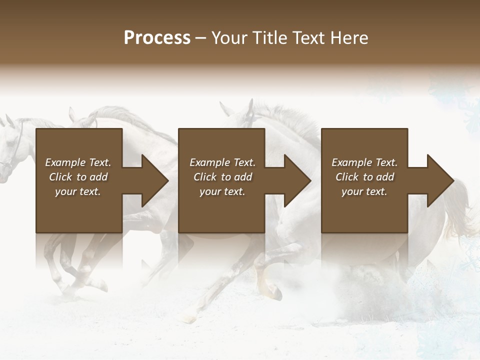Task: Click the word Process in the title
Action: click(157, 38)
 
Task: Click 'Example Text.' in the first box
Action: click(78, 162)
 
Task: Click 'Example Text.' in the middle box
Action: click(222, 162)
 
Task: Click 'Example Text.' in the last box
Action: click(364, 162)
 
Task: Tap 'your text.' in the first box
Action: click(78, 191)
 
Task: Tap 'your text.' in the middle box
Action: click(222, 191)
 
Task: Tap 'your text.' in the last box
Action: click(364, 191)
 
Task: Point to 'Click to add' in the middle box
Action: click(222, 177)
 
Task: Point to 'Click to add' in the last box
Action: click(364, 177)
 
